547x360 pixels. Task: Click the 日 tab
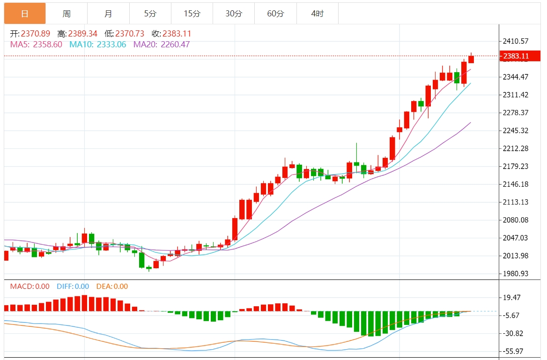tap(25, 14)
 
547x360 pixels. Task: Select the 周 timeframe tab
tap(67, 14)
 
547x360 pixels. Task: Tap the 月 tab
tap(108, 14)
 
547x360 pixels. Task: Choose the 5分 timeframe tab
tap(150, 14)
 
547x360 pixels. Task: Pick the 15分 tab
tap(192, 14)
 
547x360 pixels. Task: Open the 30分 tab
tap(234, 14)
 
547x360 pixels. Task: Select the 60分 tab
tap(275, 14)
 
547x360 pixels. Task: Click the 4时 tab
tap(317, 14)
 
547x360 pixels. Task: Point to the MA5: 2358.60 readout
tap(36, 44)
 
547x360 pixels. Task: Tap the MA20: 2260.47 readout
tap(162, 44)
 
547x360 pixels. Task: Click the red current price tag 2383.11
tap(516, 56)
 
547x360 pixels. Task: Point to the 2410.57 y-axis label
tap(516, 41)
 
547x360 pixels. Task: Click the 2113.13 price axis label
tap(516, 202)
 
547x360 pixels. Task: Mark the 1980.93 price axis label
tap(516, 274)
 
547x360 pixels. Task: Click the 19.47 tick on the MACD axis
tap(512, 297)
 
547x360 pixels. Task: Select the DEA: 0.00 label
tap(112, 287)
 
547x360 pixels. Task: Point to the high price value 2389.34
tap(83, 34)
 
